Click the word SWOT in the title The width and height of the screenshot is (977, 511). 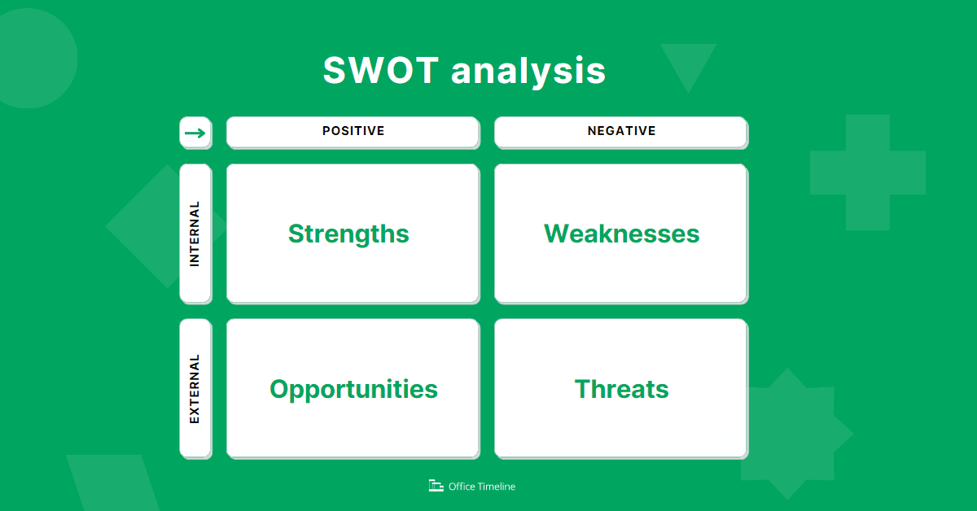pos(381,71)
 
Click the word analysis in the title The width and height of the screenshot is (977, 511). pos(528,71)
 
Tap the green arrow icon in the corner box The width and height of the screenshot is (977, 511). pos(195,133)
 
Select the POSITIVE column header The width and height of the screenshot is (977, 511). pos(353,131)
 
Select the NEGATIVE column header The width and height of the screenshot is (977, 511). pos(621,131)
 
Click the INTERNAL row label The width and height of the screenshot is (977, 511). pos(195,234)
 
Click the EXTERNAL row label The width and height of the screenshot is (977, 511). pos(195,388)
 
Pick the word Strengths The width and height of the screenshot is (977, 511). pos(348,234)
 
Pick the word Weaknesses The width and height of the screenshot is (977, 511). pos(621,234)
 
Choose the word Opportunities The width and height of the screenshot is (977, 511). pos(353,389)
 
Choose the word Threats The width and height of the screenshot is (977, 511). pos(621,389)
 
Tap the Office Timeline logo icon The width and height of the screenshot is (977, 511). pos(436,486)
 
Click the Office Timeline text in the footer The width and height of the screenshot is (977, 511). pos(482,487)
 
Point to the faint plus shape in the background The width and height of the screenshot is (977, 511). pos(867,172)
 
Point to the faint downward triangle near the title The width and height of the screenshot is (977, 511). pos(688,63)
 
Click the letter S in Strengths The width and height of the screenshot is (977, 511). pos(296,234)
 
